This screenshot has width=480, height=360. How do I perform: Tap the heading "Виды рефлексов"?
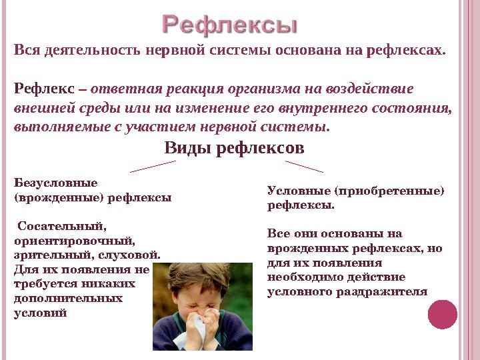pos(234,147)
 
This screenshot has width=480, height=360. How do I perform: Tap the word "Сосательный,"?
pos(62,226)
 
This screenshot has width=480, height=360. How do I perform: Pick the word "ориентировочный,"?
pos(74,240)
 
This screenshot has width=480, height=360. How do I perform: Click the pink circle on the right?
pos(443,314)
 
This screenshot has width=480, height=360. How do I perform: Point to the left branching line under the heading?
pos(153,166)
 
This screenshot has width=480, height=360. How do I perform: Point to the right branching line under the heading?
pos(305,166)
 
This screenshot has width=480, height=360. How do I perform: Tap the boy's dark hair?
pos(193,273)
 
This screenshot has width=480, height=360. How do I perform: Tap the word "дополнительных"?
pos(68,298)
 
